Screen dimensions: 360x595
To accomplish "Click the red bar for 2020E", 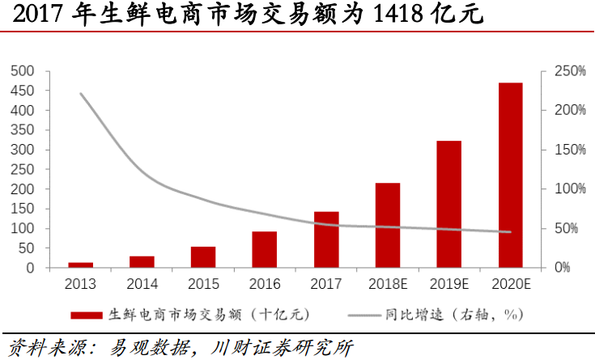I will (x=510, y=175).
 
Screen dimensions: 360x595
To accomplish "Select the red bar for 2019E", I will (x=448, y=204).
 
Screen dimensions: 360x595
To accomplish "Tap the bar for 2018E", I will (x=387, y=225).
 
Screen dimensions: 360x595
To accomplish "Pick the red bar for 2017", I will (x=326, y=239).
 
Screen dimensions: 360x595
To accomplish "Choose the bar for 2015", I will (x=203, y=256).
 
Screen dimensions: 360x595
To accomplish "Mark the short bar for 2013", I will (x=81, y=265).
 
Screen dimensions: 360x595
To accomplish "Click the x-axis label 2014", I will (x=142, y=284).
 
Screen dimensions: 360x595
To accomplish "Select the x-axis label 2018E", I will (x=387, y=284).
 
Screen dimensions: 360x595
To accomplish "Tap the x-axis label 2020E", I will (x=510, y=284).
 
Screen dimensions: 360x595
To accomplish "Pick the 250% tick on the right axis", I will (x=569, y=71).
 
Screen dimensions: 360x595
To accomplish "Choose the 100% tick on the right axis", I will (x=569, y=188).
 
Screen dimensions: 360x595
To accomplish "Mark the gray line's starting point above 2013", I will (x=81, y=94).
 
